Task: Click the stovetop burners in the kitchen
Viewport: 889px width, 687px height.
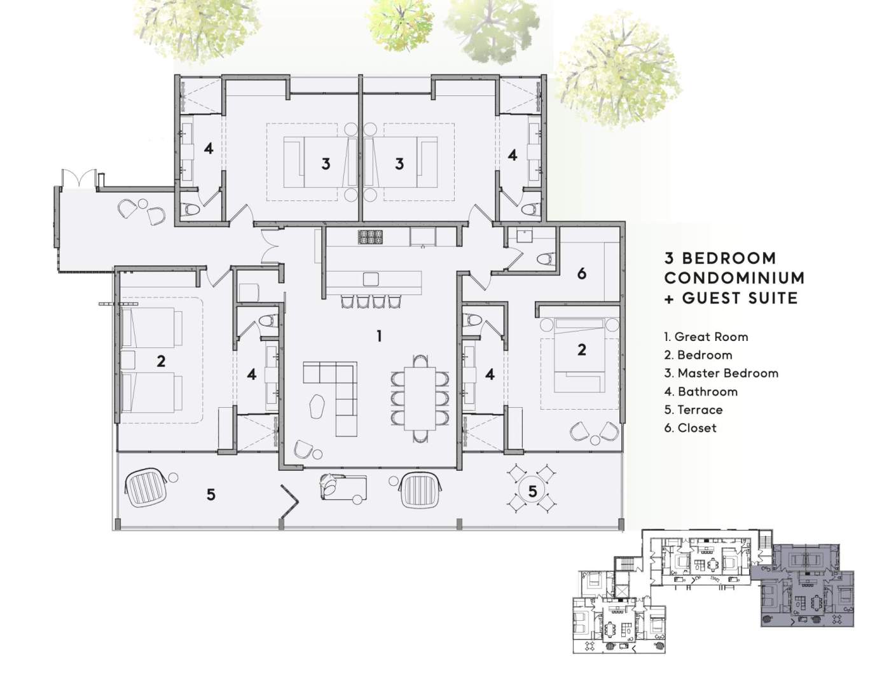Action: [x=371, y=237]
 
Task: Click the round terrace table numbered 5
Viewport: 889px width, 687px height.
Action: [x=532, y=490]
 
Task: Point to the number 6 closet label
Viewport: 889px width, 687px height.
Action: [x=581, y=274]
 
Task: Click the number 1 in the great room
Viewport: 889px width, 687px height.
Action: [x=379, y=337]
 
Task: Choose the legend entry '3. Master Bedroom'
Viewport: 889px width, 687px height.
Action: [x=721, y=373]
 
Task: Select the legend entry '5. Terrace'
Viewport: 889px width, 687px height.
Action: [x=693, y=410]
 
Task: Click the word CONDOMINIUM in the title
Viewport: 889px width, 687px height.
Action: [x=734, y=278]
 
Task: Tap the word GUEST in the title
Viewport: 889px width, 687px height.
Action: [x=711, y=298]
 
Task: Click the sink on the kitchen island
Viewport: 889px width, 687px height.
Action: [x=371, y=279]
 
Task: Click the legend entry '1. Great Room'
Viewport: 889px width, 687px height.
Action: [x=706, y=337]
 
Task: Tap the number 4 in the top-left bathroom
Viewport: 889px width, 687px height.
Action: [x=209, y=148]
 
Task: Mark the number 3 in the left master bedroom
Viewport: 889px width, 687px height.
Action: [x=325, y=163]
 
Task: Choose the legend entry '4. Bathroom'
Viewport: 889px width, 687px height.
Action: [x=700, y=392]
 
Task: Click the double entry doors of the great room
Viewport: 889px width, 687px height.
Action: [x=270, y=246]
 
